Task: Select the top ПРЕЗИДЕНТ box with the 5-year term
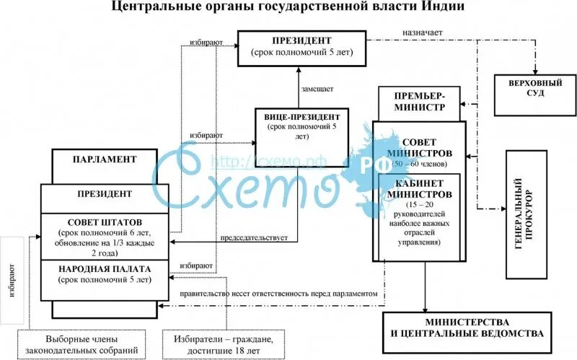pyautogui.click(x=301, y=47)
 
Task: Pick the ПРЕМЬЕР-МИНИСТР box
pyautogui.click(x=420, y=102)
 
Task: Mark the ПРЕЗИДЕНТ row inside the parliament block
pyautogui.click(x=105, y=194)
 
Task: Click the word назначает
pyautogui.click(x=424, y=33)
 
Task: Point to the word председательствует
pyautogui.click(x=254, y=237)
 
